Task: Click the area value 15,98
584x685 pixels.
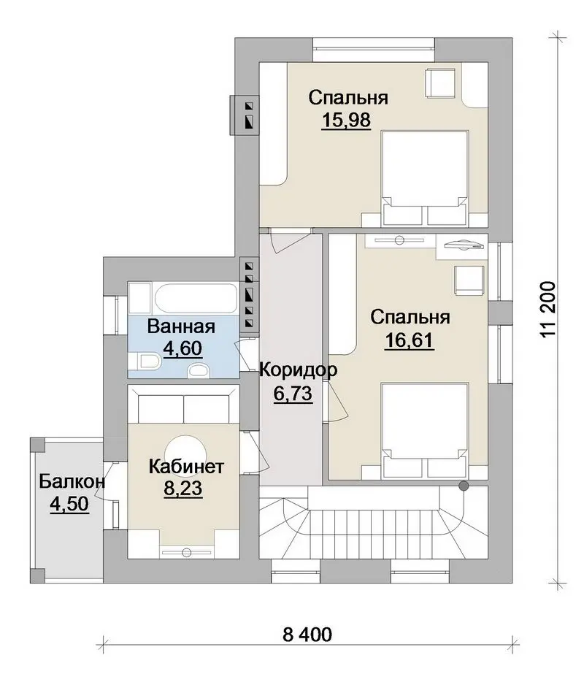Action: click(x=346, y=120)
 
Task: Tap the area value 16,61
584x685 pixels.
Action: click(x=410, y=340)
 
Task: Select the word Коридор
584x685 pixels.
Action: click(x=299, y=370)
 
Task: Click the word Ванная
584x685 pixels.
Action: click(x=181, y=326)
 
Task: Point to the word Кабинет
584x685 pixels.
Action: click(x=186, y=467)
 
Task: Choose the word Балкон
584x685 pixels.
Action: click(x=72, y=482)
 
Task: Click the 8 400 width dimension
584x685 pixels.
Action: click(x=307, y=635)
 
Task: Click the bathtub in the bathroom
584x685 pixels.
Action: click(x=196, y=299)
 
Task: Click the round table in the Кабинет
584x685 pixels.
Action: click(x=185, y=450)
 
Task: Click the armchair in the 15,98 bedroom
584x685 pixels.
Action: click(x=440, y=82)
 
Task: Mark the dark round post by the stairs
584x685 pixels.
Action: click(x=464, y=486)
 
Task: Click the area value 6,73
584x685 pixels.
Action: click(x=293, y=394)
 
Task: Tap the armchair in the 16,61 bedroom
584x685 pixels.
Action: click(x=469, y=280)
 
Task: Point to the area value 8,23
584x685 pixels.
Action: click(x=183, y=489)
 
